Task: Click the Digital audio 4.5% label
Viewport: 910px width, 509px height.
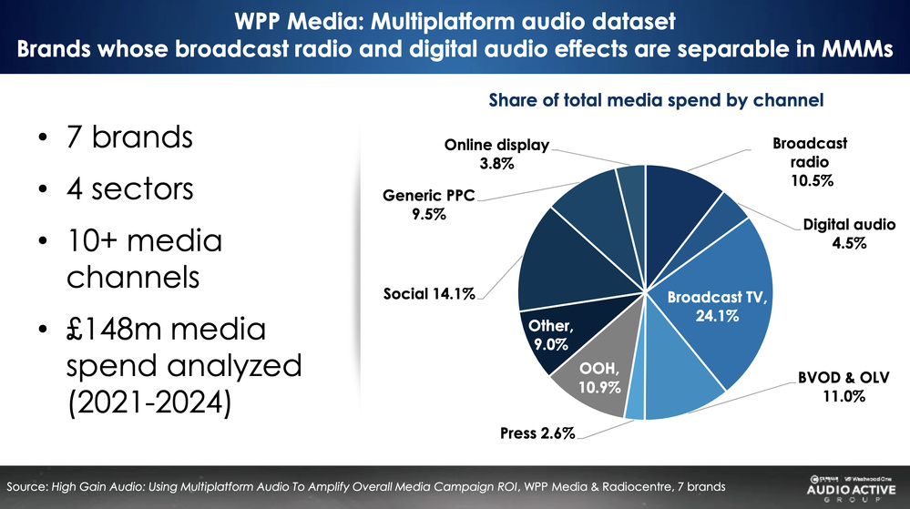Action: (849, 233)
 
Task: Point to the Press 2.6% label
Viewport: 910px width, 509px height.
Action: (538, 433)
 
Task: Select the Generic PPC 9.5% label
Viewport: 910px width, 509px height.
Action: (428, 206)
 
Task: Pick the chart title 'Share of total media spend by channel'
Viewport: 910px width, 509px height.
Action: (656, 100)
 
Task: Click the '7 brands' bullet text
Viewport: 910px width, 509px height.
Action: (129, 138)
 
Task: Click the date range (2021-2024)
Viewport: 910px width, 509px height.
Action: (146, 400)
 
